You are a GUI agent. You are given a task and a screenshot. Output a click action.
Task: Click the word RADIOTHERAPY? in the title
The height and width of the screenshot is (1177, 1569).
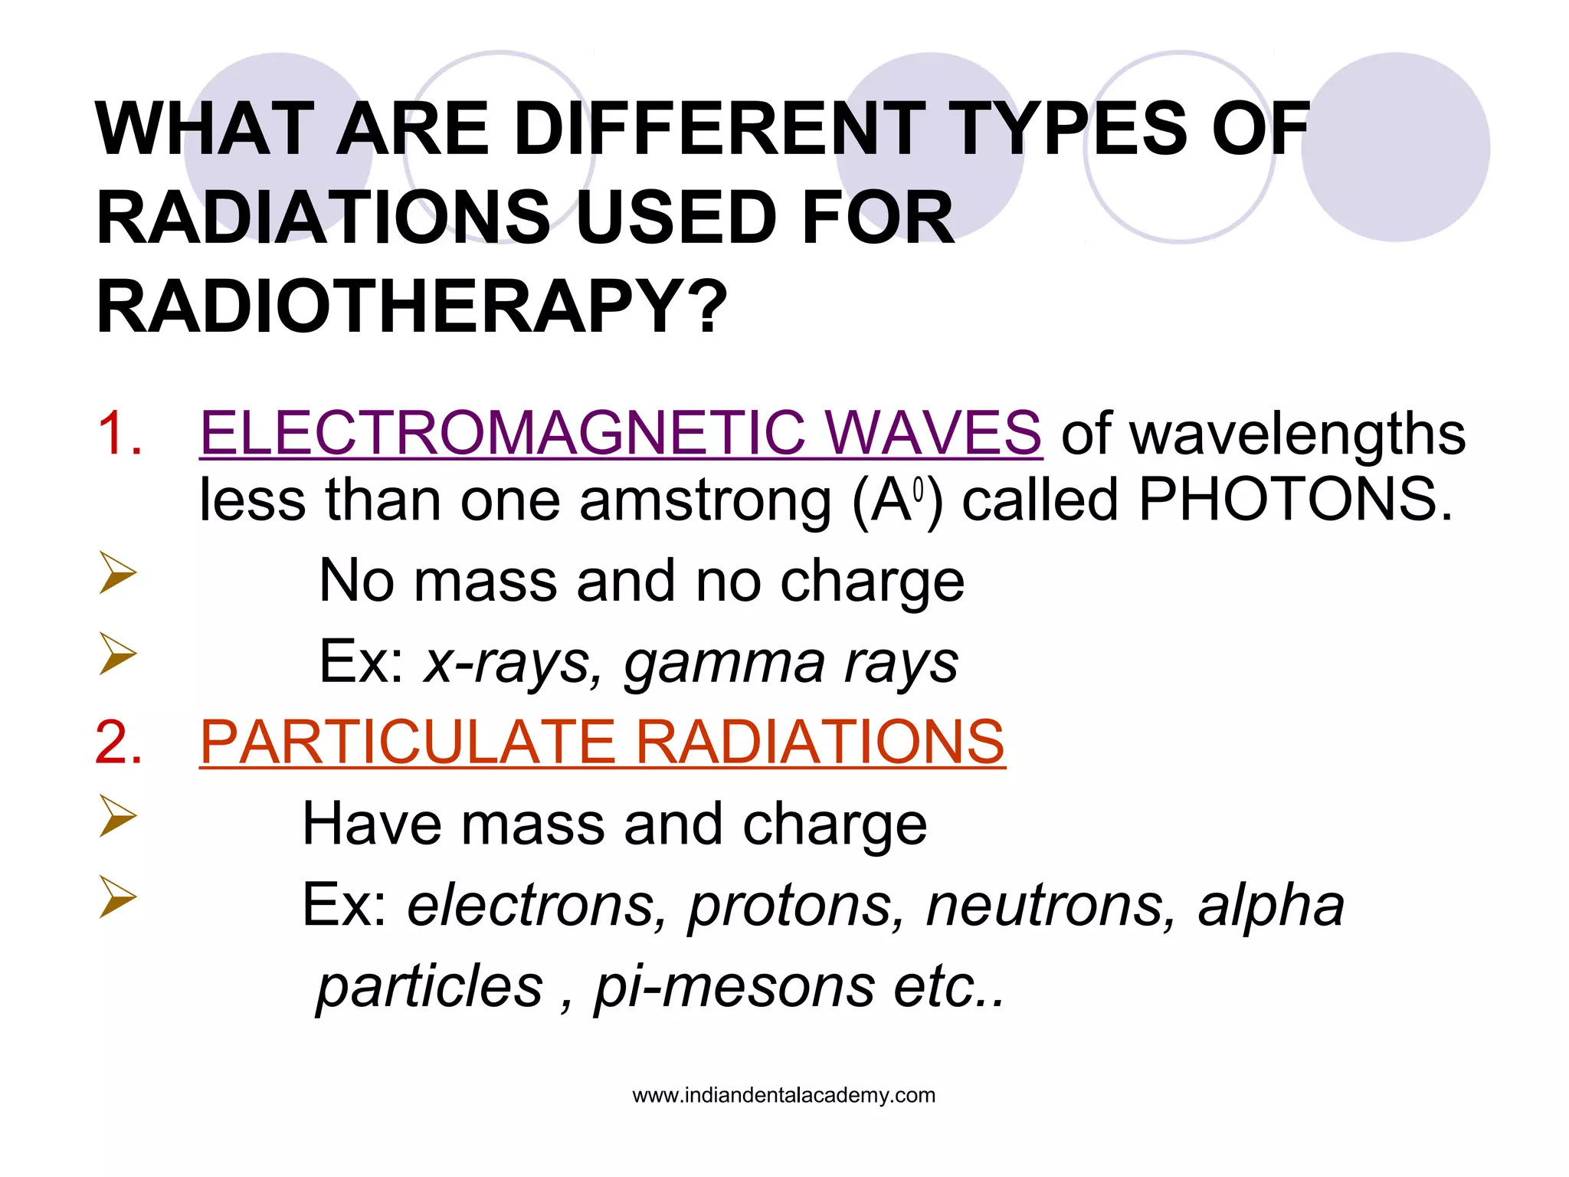[x=411, y=307]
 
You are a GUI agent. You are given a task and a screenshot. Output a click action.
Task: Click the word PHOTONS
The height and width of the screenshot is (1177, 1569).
[x=1295, y=500]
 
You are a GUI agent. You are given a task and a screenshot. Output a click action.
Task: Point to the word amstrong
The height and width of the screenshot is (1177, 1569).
[x=705, y=502]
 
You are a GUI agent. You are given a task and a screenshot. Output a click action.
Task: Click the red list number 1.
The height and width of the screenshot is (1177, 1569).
[x=120, y=434]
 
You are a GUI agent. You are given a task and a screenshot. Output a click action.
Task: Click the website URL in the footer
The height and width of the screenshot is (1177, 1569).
[x=784, y=1095]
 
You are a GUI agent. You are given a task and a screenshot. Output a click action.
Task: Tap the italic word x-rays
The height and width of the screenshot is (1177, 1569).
[x=513, y=663]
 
